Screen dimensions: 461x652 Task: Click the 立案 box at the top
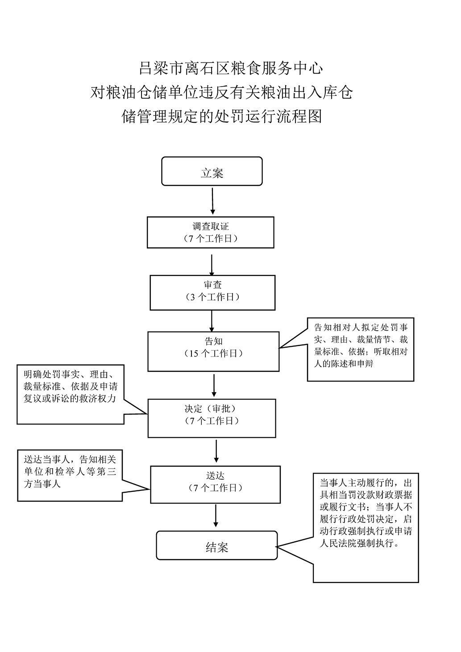coord(212,171)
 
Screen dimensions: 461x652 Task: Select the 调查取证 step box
coord(211,232)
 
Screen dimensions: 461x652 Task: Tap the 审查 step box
coord(212,292)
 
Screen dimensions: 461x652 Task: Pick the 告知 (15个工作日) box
coord(213,351)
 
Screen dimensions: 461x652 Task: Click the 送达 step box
coord(216,484)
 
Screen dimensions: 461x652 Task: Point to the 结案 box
coord(217,545)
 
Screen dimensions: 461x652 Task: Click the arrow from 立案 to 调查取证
coord(212,201)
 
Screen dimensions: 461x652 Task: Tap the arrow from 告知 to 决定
coord(214,385)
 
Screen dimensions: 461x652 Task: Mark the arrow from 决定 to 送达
coord(216,451)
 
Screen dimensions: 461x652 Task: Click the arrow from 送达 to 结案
coord(216,515)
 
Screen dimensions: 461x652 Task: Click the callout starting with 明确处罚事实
coord(71,395)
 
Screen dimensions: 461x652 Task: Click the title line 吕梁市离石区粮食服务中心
coord(230,68)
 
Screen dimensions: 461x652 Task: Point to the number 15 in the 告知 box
coord(194,353)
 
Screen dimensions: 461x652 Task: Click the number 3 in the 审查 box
coord(193,297)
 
